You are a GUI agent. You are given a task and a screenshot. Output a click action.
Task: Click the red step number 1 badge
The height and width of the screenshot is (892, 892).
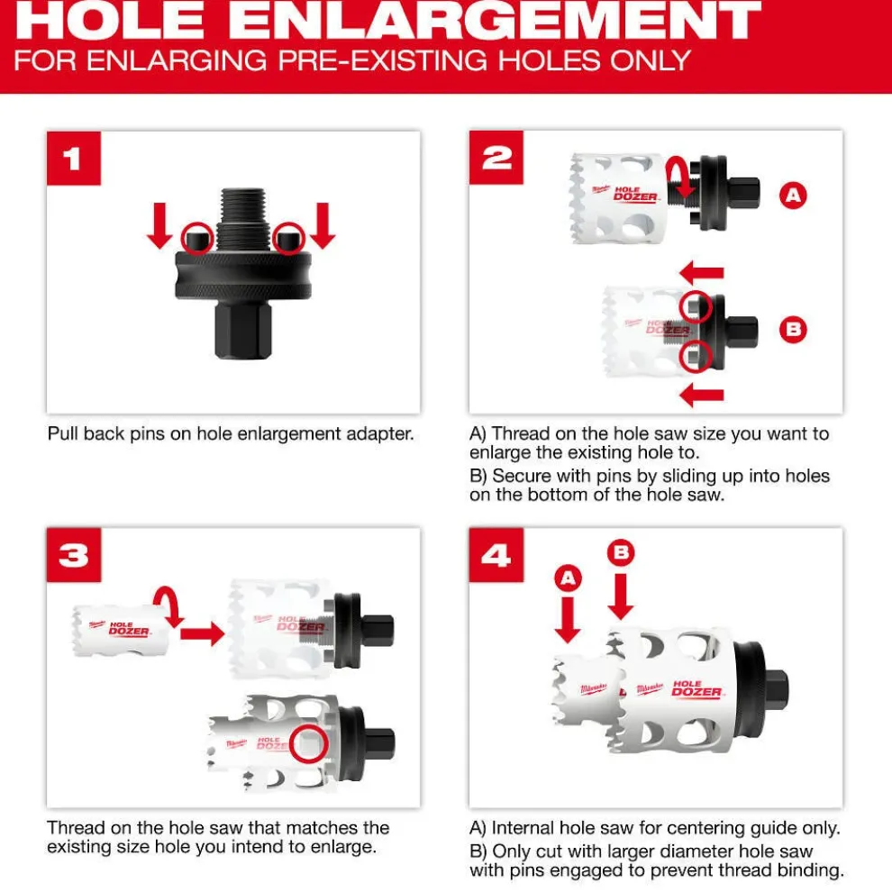tap(73, 159)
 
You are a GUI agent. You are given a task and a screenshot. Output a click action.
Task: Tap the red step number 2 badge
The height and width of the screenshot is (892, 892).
tap(496, 159)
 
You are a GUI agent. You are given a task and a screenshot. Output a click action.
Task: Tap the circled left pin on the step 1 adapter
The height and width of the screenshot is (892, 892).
tap(197, 239)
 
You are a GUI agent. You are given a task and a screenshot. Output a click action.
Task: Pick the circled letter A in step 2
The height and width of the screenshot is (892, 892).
tap(793, 195)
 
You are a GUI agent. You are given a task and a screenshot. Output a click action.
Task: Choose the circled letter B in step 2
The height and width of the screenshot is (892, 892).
tap(793, 330)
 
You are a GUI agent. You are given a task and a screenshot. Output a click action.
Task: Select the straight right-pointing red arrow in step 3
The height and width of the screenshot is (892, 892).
tap(201, 635)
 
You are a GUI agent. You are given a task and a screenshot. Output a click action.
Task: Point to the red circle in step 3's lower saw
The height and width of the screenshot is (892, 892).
tap(310, 742)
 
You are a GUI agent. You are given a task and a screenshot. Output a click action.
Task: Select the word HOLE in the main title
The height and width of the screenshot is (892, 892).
tap(105, 22)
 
